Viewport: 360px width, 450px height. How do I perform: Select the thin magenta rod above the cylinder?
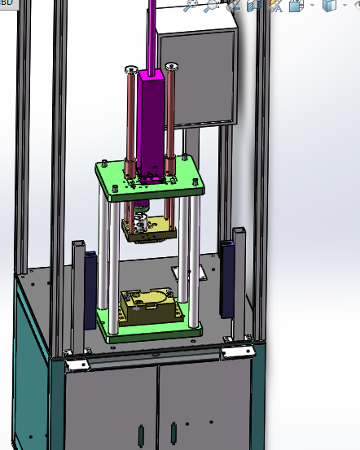[x=151, y=33]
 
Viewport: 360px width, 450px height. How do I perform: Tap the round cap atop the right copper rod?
[x=170, y=65]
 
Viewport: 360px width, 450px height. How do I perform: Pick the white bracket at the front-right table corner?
[x=238, y=351]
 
